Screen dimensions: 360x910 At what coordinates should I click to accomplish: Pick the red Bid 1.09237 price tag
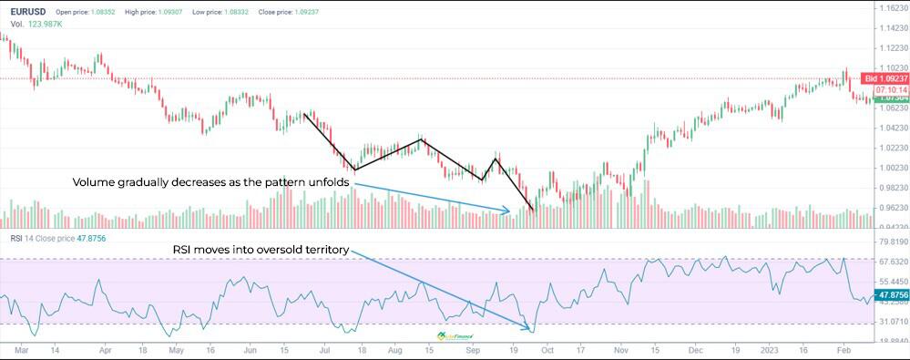pos(885,79)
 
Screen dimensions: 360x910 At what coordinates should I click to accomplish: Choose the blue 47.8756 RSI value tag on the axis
pos(890,295)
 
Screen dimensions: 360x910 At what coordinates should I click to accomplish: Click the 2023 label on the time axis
pos(769,349)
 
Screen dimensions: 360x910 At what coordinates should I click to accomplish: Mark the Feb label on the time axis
pos(844,349)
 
